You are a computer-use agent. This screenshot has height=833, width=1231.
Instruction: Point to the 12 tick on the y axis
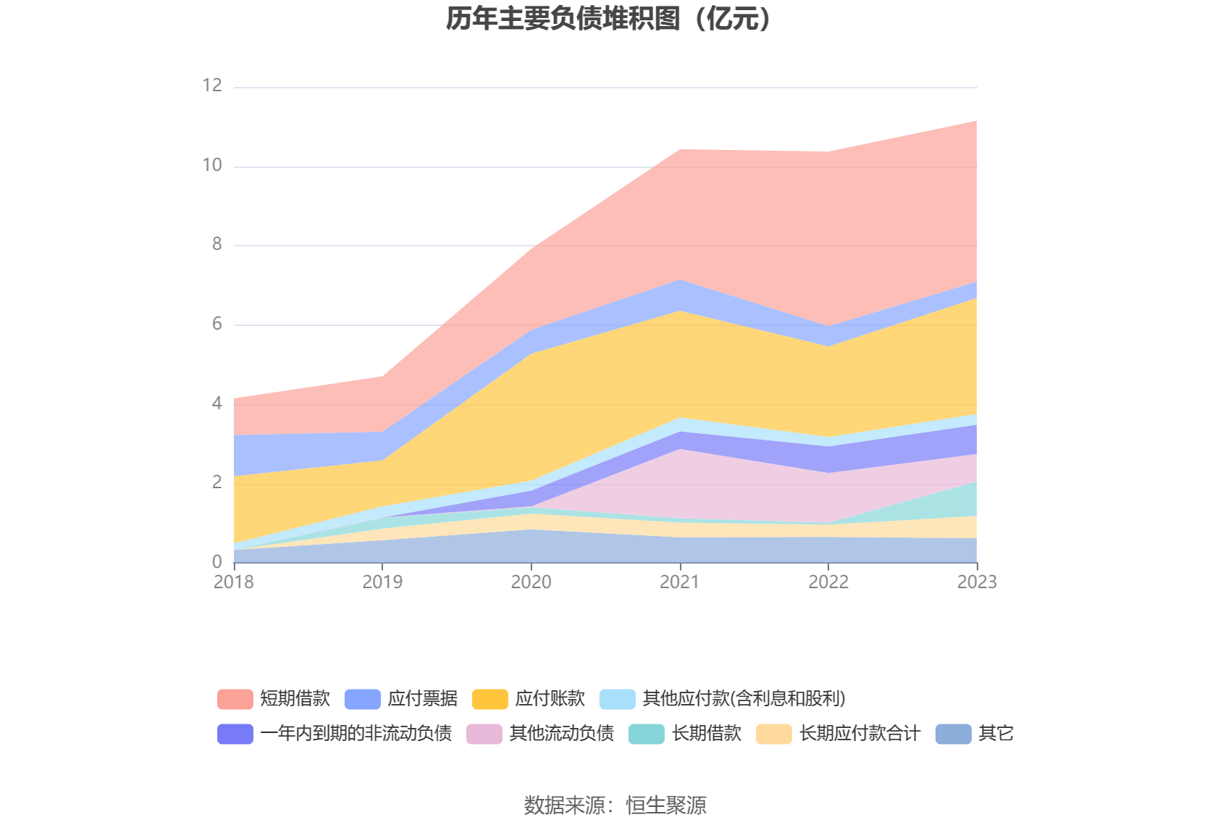pos(211,86)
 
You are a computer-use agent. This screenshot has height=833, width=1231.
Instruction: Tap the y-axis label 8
pos(217,245)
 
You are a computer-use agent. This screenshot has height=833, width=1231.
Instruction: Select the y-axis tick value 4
pos(217,403)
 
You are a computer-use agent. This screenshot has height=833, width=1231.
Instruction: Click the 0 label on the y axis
pos(217,562)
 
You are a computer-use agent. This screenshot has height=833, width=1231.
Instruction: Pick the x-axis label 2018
pos(234,582)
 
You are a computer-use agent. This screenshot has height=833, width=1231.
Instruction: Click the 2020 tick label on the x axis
pos(531,582)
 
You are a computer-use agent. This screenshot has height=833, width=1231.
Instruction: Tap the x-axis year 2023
pos(976,582)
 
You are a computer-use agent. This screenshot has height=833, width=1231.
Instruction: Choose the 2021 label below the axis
pos(679,582)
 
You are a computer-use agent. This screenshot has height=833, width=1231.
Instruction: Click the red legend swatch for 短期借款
pos(235,699)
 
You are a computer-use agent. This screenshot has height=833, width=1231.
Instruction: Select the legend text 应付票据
pos(422,699)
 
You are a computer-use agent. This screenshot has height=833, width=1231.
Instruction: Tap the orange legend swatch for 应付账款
pos(490,699)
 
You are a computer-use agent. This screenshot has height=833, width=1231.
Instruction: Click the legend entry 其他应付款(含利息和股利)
pos(744,699)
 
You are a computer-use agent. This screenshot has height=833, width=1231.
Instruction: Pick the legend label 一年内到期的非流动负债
pos(356,734)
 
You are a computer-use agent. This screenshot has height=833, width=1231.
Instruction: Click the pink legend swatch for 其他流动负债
pos(484,734)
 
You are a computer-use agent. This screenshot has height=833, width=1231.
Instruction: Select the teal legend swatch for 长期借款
pos(647,734)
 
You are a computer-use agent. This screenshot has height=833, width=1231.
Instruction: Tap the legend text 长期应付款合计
pos(860,734)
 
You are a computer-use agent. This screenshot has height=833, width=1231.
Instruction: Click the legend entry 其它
pos(996,734)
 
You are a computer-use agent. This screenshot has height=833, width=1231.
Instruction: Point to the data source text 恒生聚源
pos(665,805)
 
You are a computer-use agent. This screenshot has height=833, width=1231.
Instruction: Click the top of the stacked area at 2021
pos(680,150)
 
